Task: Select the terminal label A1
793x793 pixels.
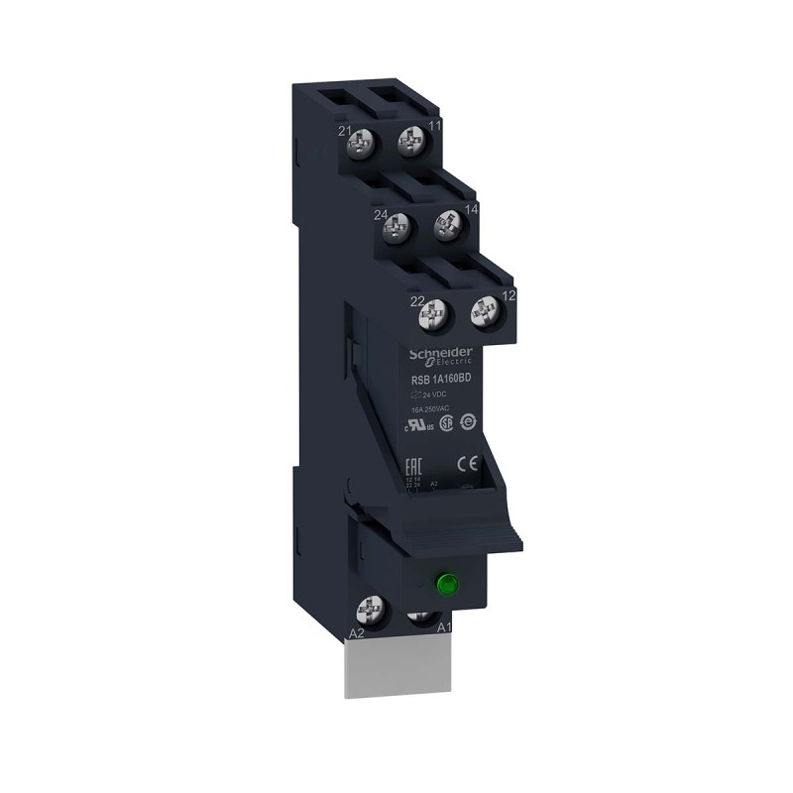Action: click(x=445, y=626)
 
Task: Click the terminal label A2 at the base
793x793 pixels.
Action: click(x=358, y=631)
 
